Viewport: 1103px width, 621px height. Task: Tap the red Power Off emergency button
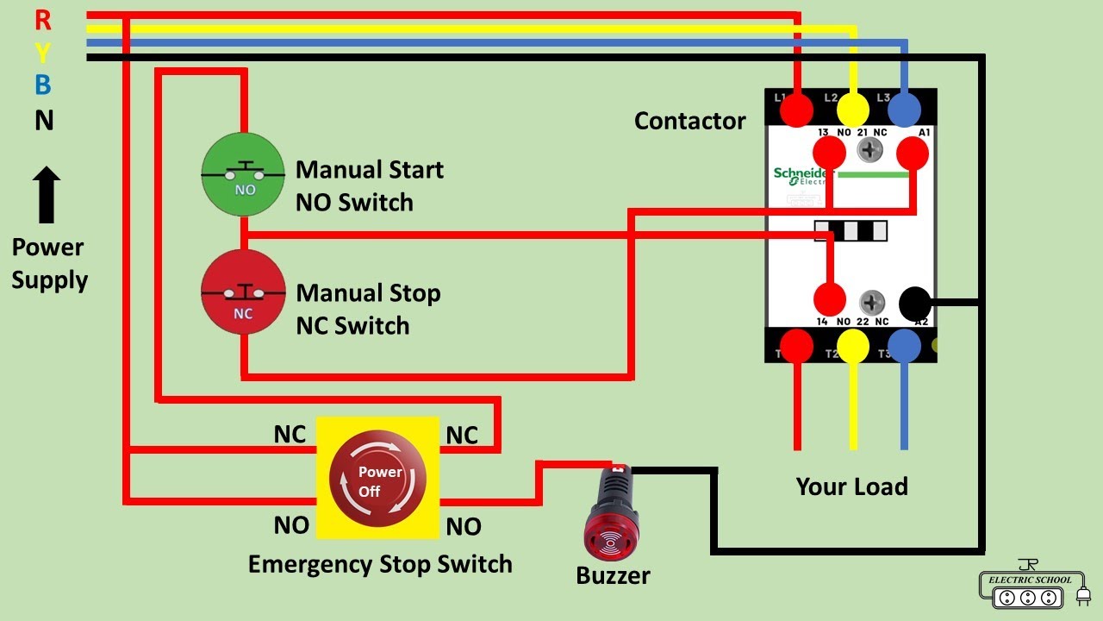tap(377, 479)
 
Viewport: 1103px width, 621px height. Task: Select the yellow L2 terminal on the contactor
tap(853, 110)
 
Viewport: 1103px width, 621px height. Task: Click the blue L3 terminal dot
tap(904, 110)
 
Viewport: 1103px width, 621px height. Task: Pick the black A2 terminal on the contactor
tap(914, 304)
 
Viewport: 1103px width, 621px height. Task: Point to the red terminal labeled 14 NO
tap(830, 300)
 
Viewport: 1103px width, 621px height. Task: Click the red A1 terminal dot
tap(913, 154)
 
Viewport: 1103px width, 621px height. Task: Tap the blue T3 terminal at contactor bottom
tap(904, 346)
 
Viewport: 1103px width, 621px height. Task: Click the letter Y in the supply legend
tap(43, 52)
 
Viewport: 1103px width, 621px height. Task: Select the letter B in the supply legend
tap(43, 85)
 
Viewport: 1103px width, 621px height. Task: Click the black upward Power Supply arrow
tap(47, 196)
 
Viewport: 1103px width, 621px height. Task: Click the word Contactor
tap(689, 121)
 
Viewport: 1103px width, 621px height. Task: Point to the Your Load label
tap(851, 486)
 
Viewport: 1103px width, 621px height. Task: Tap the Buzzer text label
tap(613, 575)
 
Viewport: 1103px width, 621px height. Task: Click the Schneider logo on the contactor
tap(801, 175)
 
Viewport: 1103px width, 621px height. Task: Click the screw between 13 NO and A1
tap(870, 151)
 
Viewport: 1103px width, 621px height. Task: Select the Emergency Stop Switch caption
tap(380, 565)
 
